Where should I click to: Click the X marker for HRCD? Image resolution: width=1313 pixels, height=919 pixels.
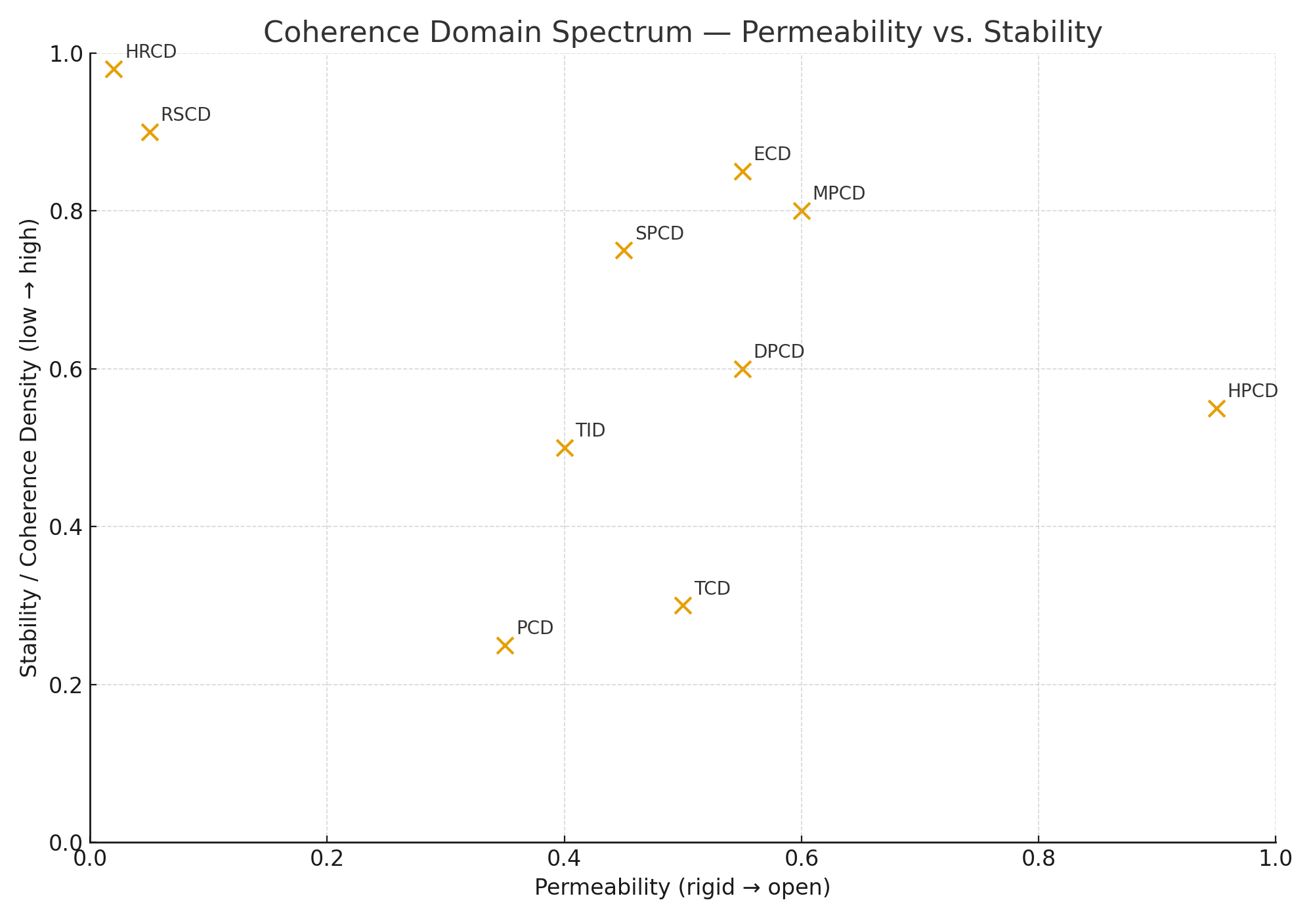pos(114,69)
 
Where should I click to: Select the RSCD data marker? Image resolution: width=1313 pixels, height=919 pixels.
pos(150,132)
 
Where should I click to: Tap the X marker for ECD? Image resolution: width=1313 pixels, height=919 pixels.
pos(743,172)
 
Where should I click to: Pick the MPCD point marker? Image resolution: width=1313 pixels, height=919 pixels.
pos(802,211)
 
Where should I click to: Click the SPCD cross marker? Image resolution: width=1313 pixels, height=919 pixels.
pos(624,250)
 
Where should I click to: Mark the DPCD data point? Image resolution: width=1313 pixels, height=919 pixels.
pos(743,369)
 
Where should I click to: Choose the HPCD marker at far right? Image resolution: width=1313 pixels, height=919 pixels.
pos(1216,408)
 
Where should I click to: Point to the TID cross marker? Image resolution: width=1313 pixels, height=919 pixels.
pos(565,448)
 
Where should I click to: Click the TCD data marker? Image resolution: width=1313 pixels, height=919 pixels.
pos(683,605)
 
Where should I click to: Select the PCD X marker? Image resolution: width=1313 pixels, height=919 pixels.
pos(505,645)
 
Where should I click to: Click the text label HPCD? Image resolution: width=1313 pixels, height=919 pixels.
pos(1253,391)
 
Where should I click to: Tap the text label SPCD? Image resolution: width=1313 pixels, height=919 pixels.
pos(660,234)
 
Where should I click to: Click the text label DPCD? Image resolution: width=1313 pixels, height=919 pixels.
pos(779,352)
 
